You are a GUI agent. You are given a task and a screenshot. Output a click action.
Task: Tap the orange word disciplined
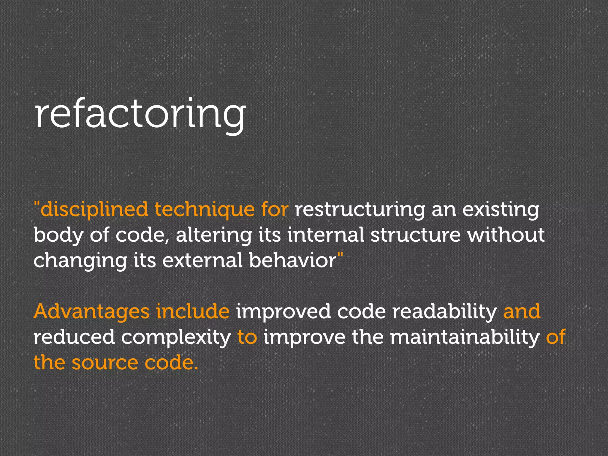tap(94, 209)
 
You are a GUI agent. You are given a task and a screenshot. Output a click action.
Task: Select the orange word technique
tap(205, 209)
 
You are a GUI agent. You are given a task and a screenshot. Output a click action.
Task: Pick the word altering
tap(213, 235)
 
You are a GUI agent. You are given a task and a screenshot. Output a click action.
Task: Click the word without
tap(506, 235)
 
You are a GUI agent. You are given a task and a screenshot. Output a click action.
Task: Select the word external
tap(202, 260)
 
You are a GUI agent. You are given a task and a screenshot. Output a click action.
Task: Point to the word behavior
tap(292, 260)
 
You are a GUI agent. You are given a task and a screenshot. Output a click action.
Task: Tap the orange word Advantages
tap(92, 312)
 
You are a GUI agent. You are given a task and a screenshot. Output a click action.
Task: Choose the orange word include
tap(193, 311)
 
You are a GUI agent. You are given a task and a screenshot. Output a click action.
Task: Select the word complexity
tap(176, 338)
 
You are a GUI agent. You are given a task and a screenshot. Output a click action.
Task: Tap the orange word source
tap(105, 363)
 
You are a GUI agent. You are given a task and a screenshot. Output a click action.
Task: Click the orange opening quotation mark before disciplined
tap(37, 204)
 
